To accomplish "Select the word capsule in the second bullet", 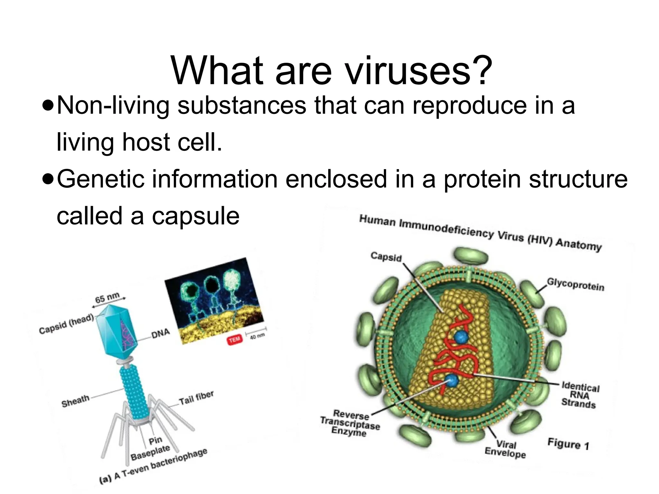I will pyautogui.click(x=196, y=216).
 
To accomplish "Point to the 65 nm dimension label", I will pyautogui.click(x=107, y=297).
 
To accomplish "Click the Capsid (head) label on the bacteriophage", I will pyautogui.click(x=66, y=324).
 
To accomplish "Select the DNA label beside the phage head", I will pyautogui.click(x=160, y=334).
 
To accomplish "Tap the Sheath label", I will pyautogui.click(x=75, y=401).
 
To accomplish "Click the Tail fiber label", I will pyautogui.click(x=196, y=398).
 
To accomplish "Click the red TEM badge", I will pyautogui.click(x=235, y=340).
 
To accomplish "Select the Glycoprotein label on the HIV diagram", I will pyautogui.click(x=576, y=284).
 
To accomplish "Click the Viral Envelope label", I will pyautogui.click(x=505, y=449).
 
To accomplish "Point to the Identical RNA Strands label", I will pyautogui.click(x=580, y=395).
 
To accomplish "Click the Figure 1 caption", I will pyautogui.click(x=568, y=444).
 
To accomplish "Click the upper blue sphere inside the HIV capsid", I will pyautogui.click(x=461, y=337).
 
